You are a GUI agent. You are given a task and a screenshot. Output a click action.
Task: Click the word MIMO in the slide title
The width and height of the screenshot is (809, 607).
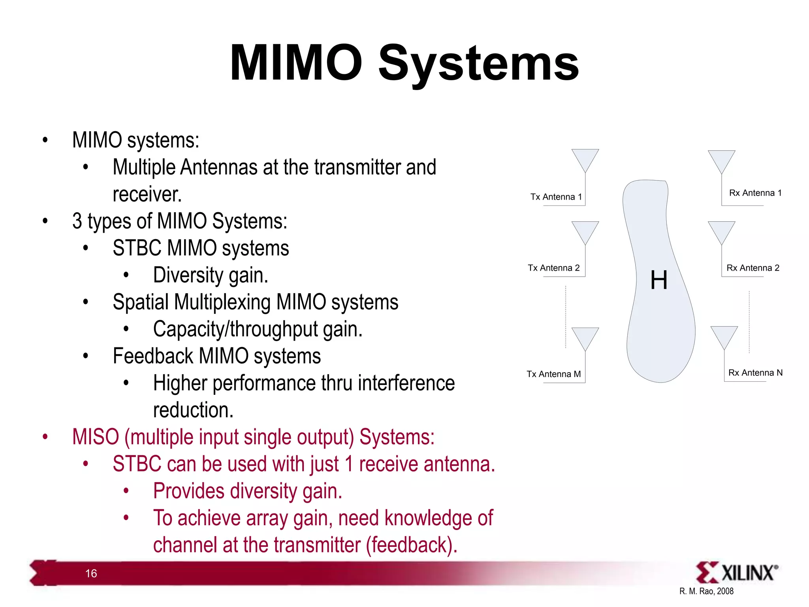coord(296,63)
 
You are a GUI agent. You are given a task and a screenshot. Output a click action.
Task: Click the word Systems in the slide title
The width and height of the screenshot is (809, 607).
coord(478,63)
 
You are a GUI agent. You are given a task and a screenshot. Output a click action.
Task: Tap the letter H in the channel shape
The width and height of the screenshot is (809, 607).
coord(658,280)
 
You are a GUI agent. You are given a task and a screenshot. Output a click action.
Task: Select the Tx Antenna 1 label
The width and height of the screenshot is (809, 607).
coord(556,197)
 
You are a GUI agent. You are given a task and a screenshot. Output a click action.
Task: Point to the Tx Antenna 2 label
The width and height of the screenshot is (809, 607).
coord(553,268)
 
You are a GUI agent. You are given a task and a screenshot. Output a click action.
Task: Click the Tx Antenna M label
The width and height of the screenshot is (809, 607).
coord(553,374)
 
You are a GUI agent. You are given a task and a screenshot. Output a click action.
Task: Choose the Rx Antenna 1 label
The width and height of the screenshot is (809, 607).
coord(755,193)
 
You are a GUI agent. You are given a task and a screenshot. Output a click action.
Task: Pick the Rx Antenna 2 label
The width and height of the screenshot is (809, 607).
coord(753,268)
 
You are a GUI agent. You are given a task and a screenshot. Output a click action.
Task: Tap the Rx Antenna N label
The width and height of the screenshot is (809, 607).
coord(755,373)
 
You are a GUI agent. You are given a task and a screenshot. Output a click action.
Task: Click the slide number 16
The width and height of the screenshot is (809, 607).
coord(91,573)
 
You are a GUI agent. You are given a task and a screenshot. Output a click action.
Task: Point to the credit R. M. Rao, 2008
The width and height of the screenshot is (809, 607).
coord(706,591)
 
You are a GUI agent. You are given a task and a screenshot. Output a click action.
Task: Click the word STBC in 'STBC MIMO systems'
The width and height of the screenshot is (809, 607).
coord(137,248)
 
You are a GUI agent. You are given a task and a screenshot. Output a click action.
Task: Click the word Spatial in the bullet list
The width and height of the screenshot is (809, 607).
coord(141,302)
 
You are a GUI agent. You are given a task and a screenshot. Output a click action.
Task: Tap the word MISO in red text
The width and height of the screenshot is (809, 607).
coord(95,437)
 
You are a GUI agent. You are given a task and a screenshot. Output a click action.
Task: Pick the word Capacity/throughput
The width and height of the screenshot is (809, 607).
coord(235,329)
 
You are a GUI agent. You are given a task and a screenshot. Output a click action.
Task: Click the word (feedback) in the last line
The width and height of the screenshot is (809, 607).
coord(411,545)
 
